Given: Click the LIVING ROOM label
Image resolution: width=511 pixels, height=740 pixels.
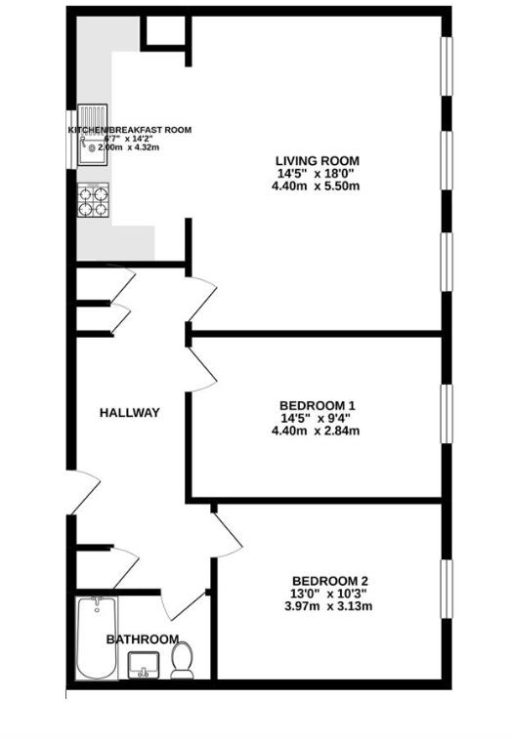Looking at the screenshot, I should pos(317,160).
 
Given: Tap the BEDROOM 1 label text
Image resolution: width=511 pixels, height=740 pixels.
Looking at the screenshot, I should pos(317,405).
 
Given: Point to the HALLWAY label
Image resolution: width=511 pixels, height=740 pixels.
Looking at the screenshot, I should pos(129,413).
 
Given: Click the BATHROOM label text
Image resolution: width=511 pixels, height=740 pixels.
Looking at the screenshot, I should pos(143,639).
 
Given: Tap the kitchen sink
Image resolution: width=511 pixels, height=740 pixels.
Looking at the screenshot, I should pos(92,143).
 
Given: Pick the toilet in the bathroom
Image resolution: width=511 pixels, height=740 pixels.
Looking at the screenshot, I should pos(182,661).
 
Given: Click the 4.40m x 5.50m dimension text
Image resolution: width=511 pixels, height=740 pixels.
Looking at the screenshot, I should pos(317,186).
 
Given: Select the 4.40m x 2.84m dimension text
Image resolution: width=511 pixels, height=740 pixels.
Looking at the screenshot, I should pos(317,431).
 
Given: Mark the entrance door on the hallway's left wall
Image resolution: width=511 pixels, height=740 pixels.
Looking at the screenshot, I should pos(82,492).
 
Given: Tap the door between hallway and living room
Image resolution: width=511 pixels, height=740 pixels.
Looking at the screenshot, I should pos(202,299).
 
